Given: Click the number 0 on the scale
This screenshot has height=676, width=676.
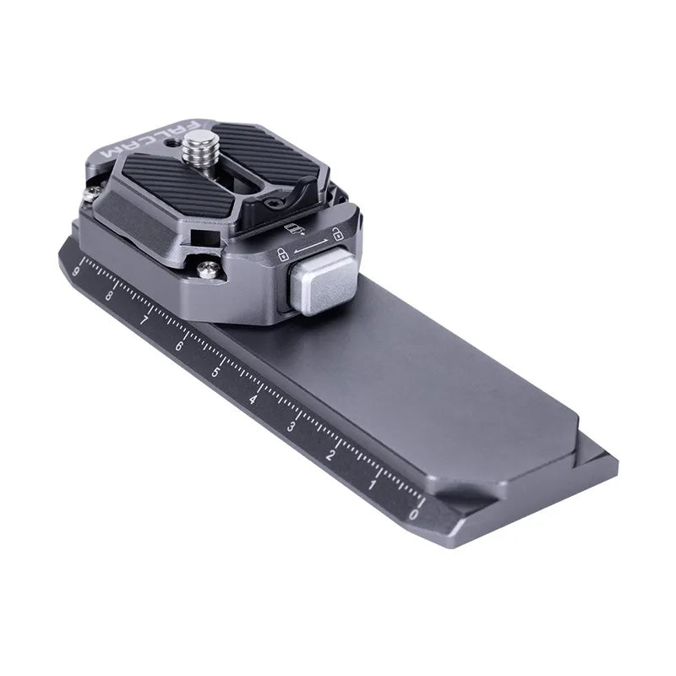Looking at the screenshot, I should point(412,513).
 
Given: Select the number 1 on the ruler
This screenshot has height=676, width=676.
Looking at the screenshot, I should point(373,485).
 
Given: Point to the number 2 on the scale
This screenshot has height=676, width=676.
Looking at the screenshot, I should point(331,457).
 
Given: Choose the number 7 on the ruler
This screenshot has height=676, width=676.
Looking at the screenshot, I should point(144,321).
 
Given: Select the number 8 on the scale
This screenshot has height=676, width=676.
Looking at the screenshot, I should point(109,296).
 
